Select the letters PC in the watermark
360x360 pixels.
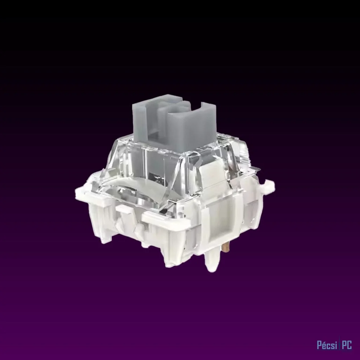(x=347, y=345)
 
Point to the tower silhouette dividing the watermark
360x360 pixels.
(x=340, y=345)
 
